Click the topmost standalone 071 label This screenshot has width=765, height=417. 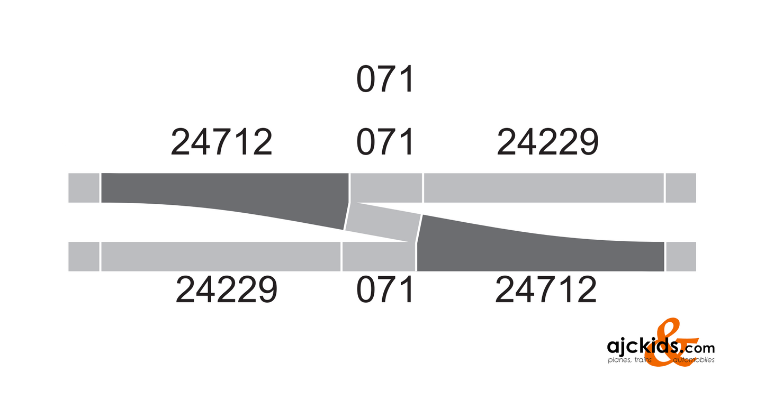click(384, 80)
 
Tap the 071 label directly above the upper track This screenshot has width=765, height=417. click(384, 142)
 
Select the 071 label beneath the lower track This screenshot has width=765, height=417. click(384, 291)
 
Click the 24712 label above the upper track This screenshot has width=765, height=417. click(221, 142)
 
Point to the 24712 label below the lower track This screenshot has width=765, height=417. click(546, 291)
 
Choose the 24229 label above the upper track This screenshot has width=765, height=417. click(547, 142)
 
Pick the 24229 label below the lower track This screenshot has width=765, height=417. click(227, 291)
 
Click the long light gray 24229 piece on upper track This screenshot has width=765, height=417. click(544, 188)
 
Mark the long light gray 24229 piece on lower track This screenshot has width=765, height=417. click(220, 256)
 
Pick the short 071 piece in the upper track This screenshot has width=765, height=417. click(386, 187)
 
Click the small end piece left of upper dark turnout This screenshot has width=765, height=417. click(84, 188)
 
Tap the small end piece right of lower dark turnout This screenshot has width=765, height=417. click(681, 256)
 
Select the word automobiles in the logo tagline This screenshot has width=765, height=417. click(694, 360)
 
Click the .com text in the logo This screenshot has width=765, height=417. click(698, 348)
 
